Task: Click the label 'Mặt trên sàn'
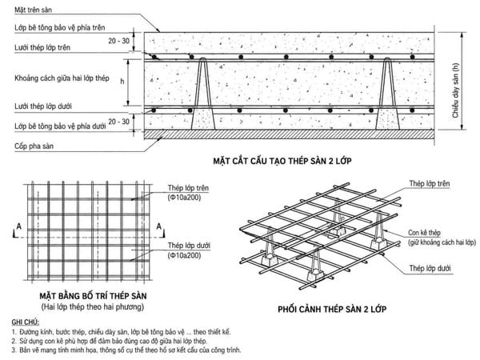click(33, 10)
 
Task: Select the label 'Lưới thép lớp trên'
click(42, 48)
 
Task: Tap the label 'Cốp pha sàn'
click(34, 146)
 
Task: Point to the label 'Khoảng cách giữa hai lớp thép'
click(62, 78)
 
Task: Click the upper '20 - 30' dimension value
click(118, 41)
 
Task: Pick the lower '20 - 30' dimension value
click(118, 122)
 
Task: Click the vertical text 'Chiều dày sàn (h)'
click(455, 90)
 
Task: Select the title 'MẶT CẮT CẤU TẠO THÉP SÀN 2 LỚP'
click(282, 161)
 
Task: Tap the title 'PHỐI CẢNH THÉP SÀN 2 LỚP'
click(332, 309)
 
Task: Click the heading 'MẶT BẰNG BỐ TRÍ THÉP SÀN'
click(93, 296)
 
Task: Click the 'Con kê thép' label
click(424, 233)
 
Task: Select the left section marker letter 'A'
click(19, 226)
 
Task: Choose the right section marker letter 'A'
click(158, 226)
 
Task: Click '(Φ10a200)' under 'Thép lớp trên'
click(184, 198)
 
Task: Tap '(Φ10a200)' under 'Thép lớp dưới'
click(184, 256)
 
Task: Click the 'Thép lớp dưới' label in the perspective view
click(430, 269)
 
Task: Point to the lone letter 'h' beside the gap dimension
click(122, 81)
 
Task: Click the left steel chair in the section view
click(203, 94)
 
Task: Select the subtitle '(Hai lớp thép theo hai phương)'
click(93, 306)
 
